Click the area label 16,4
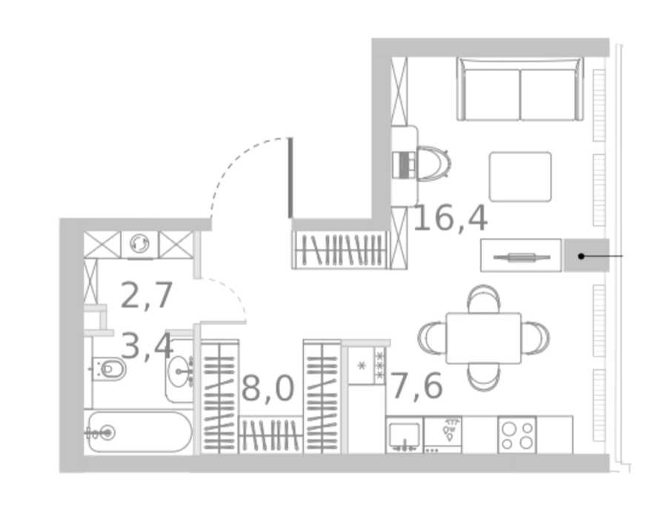click(x=451, y=219)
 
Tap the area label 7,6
click(x=417, y=386)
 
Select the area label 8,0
click(x=268, y=389)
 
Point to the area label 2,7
click(x=147, y=295)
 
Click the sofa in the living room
click(x=520, y=89)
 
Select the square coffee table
click(x=520, y=177)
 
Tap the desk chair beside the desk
click(x=434, y=164)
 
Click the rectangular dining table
click(x=484, y=338)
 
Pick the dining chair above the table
click(x=484, y=299)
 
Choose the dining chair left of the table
click(x=432, y=337)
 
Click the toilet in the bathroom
click(x=110, y=369)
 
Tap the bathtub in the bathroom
click(x=139, y=432)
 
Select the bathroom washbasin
click(x=180, y=372)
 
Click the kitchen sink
click(x=405, y=435)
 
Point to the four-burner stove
click(x=517, y=435)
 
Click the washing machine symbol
click(x=139, y=245)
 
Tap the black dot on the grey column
click(x=581, y=256)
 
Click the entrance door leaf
click(x=291, y=177)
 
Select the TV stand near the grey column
click(x=521, y=255)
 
